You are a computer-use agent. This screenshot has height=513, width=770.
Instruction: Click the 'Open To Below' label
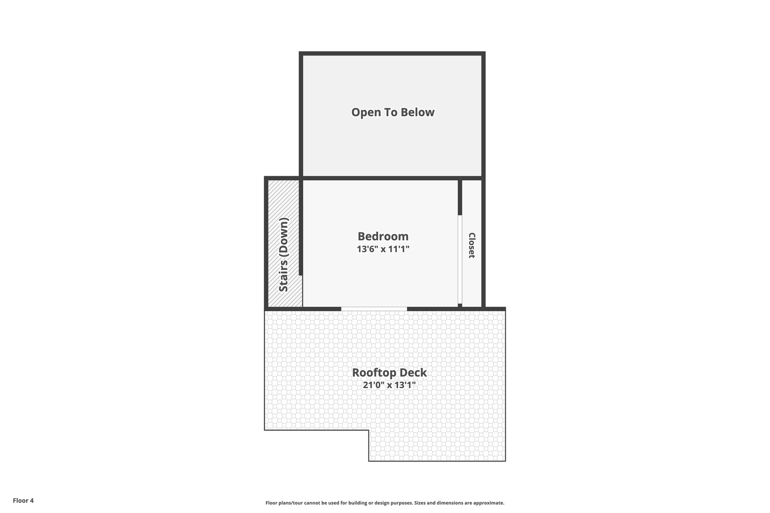tap(393, 113)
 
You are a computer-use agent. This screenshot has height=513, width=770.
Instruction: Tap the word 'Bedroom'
tap(383, 237)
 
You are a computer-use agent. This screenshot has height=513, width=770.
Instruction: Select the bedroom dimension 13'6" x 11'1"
tap(383, 249)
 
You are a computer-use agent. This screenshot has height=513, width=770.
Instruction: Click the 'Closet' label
tap(472, 245)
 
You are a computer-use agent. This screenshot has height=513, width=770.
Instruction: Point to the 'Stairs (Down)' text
tap(284, 255)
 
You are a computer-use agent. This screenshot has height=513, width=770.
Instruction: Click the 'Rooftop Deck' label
tap(389, 373)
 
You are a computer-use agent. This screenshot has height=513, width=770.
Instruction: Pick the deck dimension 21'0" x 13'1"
tap(389, 385)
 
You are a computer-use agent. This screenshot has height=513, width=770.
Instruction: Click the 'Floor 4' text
tap(23, 500)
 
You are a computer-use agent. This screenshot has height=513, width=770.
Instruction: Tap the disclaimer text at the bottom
tap(385, 503)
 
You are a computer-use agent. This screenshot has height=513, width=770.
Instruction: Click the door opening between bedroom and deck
tap(374, 309)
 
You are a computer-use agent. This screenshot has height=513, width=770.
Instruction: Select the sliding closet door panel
tap(460, 259)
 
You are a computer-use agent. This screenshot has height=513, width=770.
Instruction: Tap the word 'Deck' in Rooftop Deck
tap(413, 373)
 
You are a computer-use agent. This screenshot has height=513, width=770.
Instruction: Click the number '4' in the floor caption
tap(32, 500)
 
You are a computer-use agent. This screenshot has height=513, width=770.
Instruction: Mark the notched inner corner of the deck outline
tap(369, 430)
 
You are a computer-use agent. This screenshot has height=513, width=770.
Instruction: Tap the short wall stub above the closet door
tap(460, 197)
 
